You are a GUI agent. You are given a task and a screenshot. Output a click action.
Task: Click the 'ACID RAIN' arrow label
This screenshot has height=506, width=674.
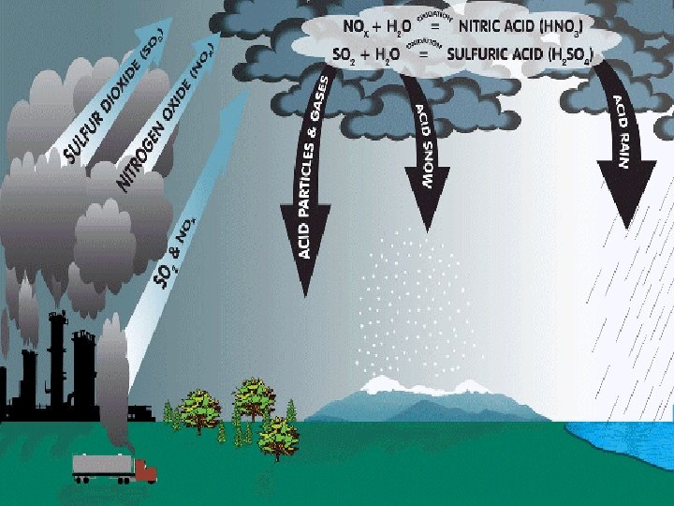(x=623, y=131)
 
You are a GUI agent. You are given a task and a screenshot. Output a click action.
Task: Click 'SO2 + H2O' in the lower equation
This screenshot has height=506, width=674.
(x=367, y=55)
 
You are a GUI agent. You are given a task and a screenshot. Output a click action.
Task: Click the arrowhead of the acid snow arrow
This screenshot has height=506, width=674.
(x=426, y=211)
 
